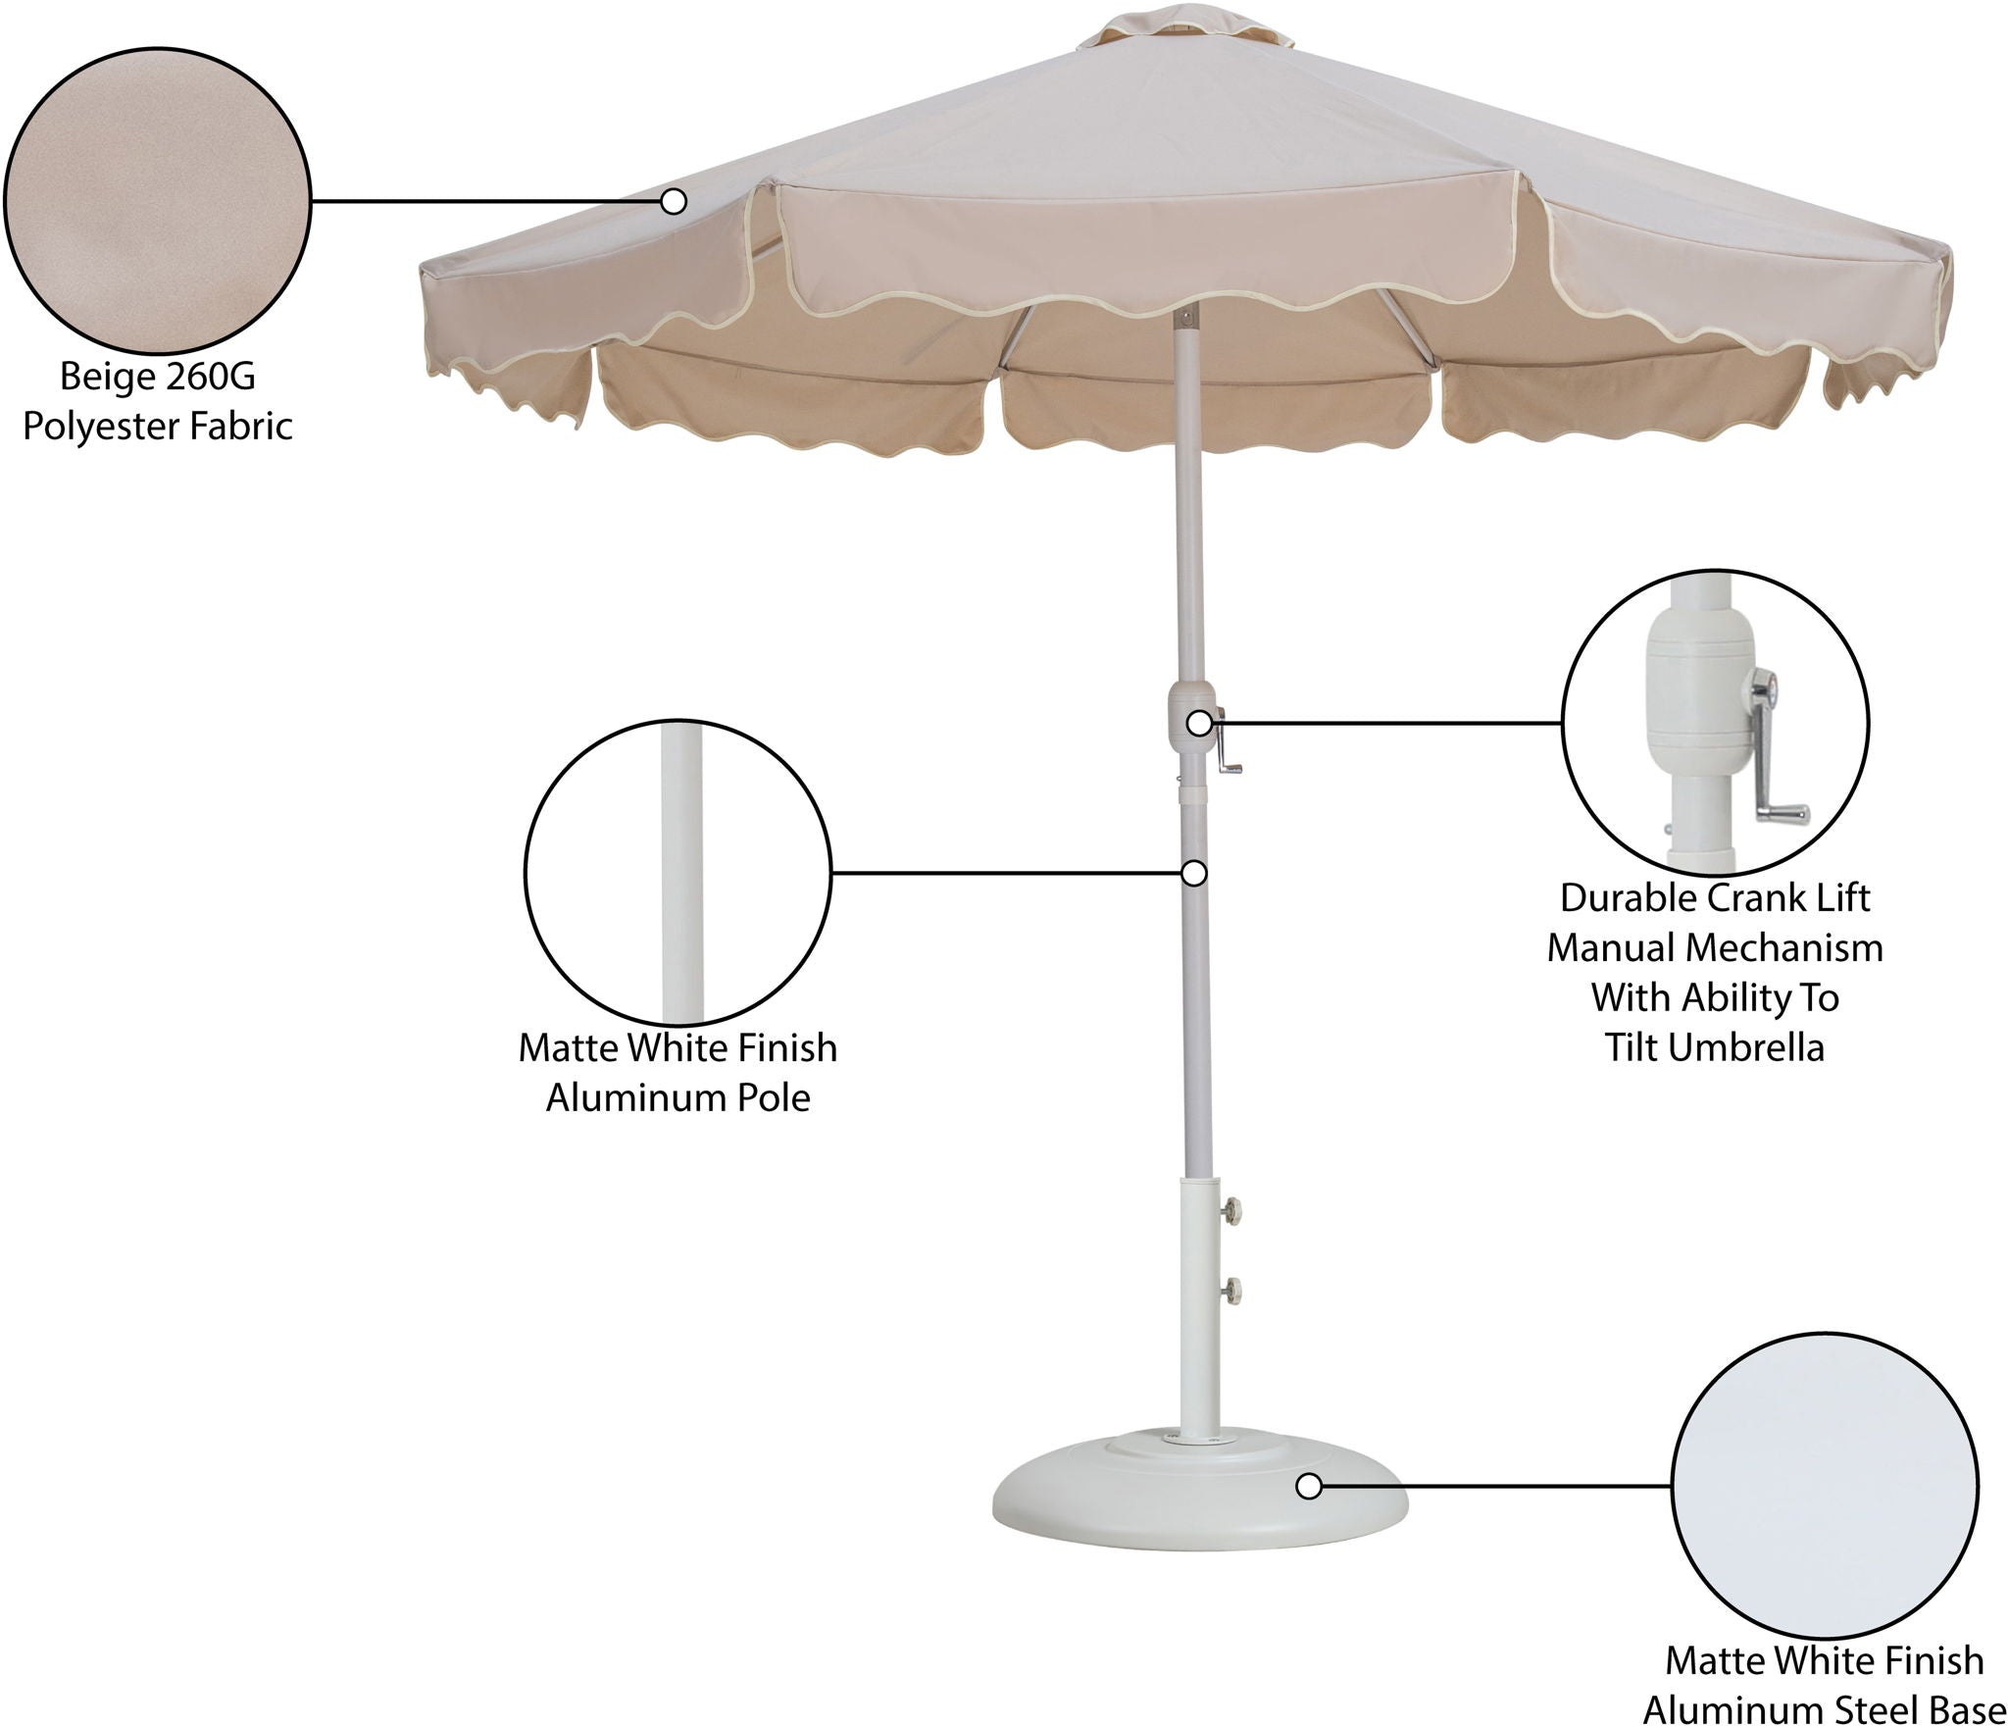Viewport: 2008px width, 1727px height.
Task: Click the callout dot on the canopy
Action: [x=673, y=202]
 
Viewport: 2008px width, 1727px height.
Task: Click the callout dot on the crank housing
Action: [x=1199, y=724]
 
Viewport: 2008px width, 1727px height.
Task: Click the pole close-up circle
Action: [x=678, y=873]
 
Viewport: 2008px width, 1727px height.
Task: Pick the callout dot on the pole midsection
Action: [x=1193, y=873]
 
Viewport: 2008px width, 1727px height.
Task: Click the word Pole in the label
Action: [x=777, y=1098]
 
